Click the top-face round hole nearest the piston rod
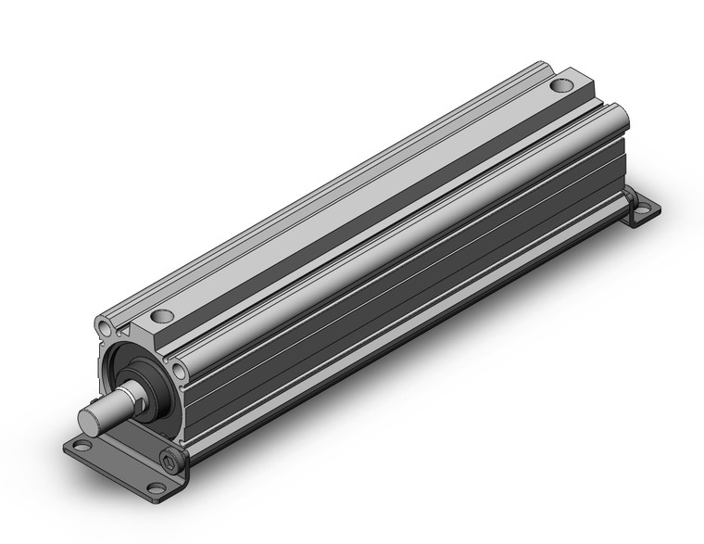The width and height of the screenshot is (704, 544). click(163, 315)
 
